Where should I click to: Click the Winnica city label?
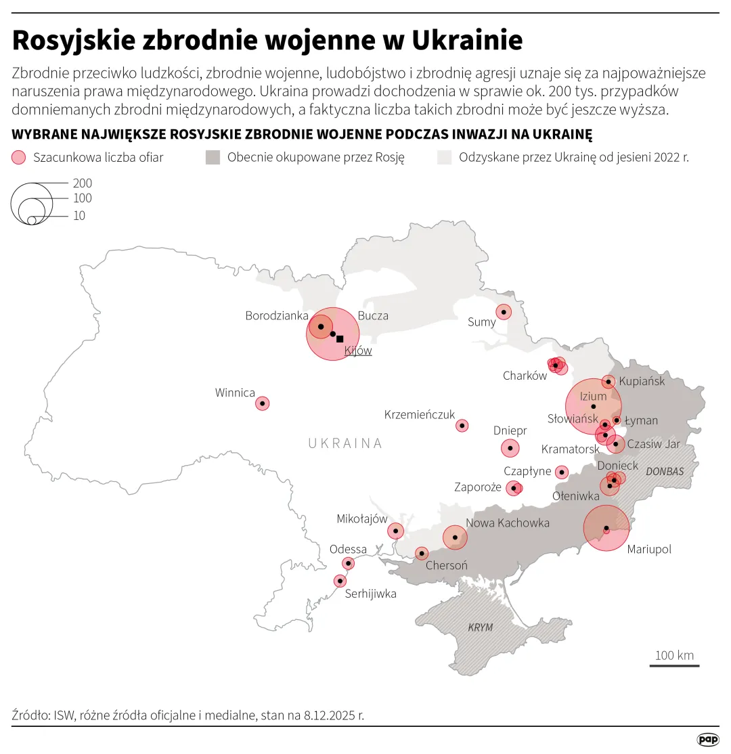(235, 393)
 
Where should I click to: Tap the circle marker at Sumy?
(504, 312)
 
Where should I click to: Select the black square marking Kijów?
(340, 339)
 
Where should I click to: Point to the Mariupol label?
(649, 549)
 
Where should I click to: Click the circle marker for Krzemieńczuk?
(462, 426)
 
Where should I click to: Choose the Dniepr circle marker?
(510, 448)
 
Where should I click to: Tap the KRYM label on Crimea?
(481, 627)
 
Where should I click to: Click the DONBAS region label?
(665, 471)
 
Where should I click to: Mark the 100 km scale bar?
(674, 665)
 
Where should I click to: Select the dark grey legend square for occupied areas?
(213, 158)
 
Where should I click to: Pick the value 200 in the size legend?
(82, 183)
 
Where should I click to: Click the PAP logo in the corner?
(708, 740)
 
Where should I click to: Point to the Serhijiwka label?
(370, 594)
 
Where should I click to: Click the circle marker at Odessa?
(349, 563)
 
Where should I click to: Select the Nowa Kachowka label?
(508, 523)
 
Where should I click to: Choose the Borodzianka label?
(277, 315)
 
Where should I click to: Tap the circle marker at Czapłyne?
(562, 472)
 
